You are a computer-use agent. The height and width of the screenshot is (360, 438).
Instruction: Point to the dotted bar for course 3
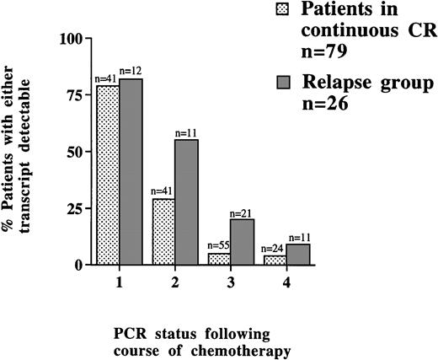[x=219, y=259]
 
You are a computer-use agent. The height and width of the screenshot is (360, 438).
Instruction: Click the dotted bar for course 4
[x=275, y=260]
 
